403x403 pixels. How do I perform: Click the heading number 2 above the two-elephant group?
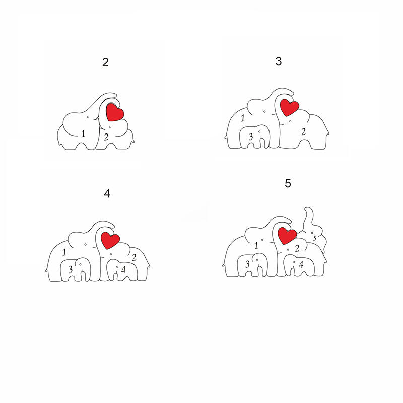(x=105, y=62)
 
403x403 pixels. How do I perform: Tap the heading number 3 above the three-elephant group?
(x=279, y=61)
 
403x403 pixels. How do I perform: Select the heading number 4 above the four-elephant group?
(x=107, y=193)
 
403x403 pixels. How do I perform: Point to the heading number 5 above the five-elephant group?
(x=288, y=183)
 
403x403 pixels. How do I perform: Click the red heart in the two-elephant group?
(x=115, y=112)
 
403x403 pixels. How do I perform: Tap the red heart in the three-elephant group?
(x=289, y=107)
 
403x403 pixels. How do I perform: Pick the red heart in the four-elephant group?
(x=110, y=240)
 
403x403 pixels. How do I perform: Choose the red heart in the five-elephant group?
(x=287, y=236)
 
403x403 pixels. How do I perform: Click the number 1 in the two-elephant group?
(x=83, y=133)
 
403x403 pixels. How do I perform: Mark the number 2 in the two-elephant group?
(x=106, y=137)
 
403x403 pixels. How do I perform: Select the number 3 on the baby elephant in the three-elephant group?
(x=251, y=137)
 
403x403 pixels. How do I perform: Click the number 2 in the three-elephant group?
(x=304, y=132)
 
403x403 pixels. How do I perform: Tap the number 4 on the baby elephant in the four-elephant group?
(x=123, y=270)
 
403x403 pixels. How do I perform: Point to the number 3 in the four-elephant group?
(x=70, y=270)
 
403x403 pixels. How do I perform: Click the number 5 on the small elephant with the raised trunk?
(x=314, y=238)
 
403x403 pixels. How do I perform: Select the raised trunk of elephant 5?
(x=308, y=217)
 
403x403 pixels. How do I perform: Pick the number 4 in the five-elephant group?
(x=301, y=264)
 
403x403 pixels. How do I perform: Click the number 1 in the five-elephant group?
(x=256, y=246)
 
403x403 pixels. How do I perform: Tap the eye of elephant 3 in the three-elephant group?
(x=259, y=131)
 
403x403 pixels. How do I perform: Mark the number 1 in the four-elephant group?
(x=64, y=252)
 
